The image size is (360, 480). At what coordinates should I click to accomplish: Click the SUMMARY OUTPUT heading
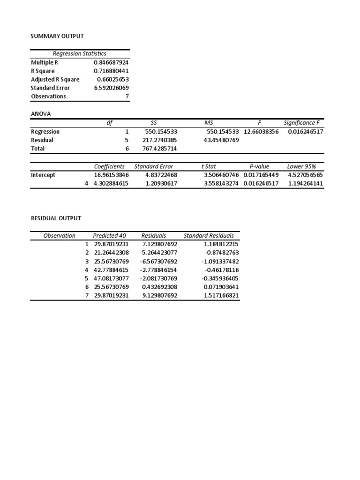[x=57, y=36]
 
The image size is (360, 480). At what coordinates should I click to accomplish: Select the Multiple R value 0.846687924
[x=111, y=62]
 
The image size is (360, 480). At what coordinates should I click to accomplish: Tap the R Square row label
[x=43, y=71]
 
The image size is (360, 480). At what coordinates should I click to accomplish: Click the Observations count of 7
[x=127, y=96]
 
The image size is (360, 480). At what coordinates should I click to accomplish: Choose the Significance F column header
[x=301, y=122]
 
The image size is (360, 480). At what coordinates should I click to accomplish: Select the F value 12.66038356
[x=261, y=132]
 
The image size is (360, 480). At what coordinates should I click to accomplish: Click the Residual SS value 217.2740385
[x=160, y=140]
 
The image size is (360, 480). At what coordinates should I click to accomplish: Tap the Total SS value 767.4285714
[x=160, y=149]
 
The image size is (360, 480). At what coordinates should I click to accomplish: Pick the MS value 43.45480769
[x=221, y=140]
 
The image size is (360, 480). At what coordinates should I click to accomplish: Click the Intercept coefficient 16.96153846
[x=112, y=175]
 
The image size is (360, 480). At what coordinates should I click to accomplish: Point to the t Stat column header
[x=209, y=166]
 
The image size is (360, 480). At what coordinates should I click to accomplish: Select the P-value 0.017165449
[x=261, y=175]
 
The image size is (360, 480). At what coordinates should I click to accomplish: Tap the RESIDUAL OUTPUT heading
[x=56, y=218]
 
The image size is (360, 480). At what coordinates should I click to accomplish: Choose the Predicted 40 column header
[x=109, y=236]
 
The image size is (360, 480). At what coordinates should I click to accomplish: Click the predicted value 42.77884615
[x=111, y=270]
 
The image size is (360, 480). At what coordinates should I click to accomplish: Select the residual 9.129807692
[x=159, y=295]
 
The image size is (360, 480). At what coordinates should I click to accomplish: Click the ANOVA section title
[x=40, y=113]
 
